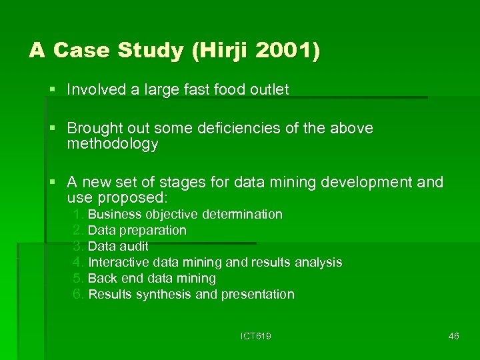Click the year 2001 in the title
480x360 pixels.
tap(279, 51)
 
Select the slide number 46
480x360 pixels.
tap(453, 336)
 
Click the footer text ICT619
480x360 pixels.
tap(255, 336)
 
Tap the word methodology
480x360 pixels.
tap(113, 144)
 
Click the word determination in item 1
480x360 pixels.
tap(244, 215)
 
